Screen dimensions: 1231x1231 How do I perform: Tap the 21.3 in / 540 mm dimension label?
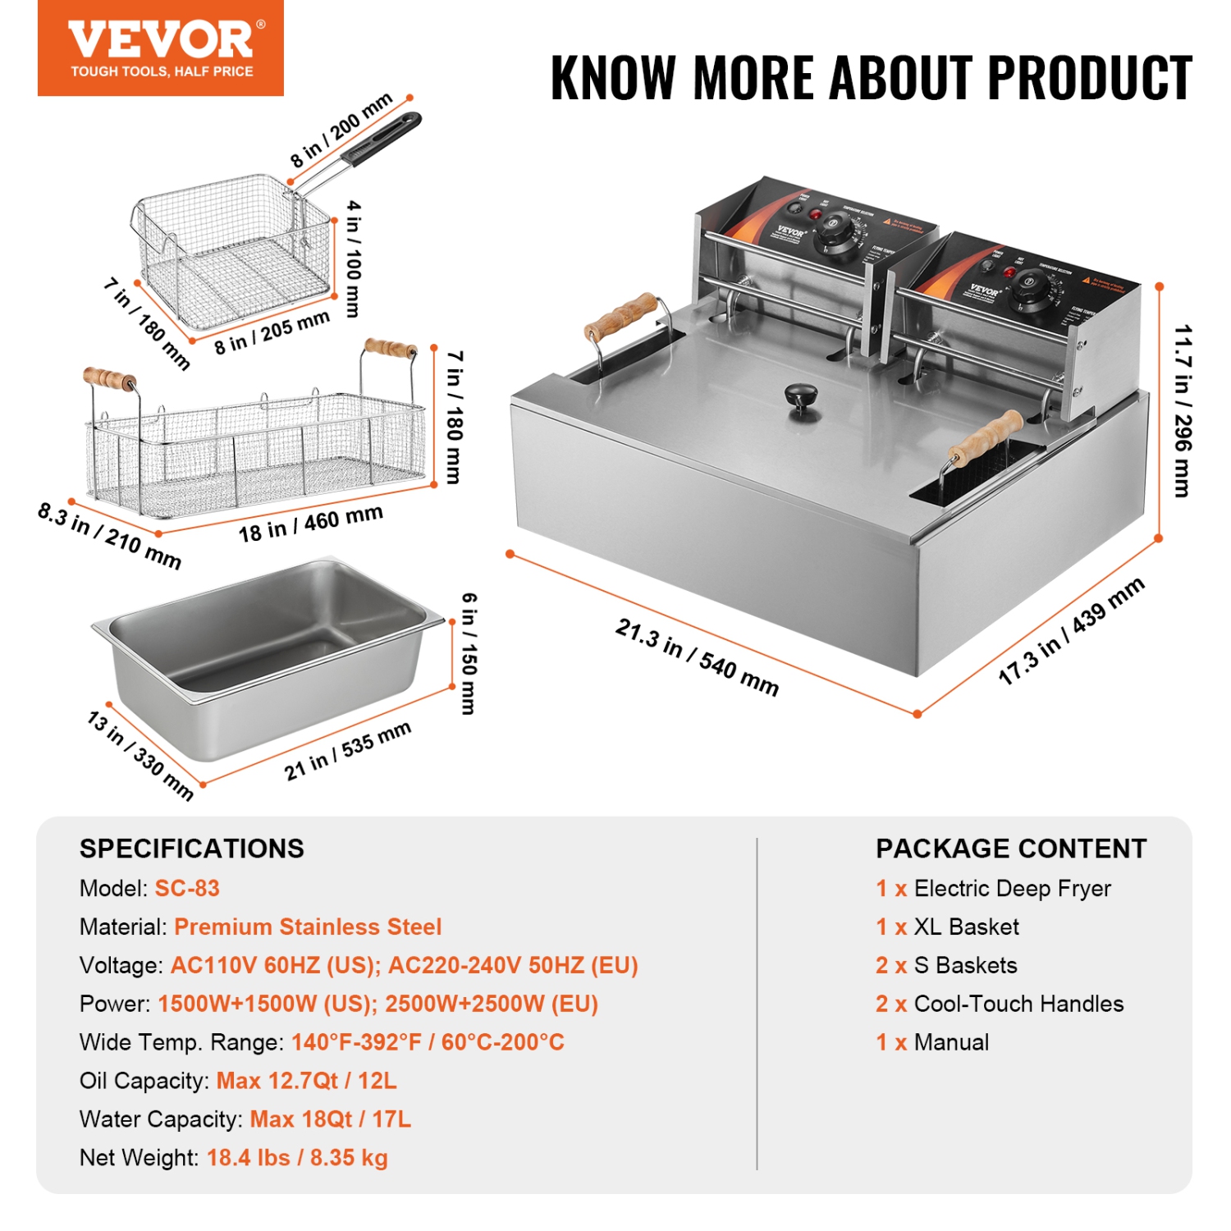pos(696,657)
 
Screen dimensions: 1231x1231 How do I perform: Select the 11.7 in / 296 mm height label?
pos(1182,410)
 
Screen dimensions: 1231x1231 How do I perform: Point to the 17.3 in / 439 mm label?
pos(1071,631)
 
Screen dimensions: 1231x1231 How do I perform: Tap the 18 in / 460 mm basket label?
pos(310,524)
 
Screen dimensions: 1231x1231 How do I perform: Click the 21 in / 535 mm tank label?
pos(346,751)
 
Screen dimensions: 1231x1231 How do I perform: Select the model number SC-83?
pos(187,888)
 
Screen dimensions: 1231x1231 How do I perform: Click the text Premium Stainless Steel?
pos(308,927)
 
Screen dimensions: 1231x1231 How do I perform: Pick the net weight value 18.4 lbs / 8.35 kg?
pos(297,1157)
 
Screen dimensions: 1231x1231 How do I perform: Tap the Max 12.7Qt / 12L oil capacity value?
pos(306,1080)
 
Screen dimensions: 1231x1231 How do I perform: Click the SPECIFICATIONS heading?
pos(191,848)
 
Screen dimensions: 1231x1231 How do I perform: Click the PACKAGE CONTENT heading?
pos(1010,848)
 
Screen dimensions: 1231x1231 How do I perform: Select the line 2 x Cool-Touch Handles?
pos(999,1004)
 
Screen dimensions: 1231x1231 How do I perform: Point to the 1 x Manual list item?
pos(931,1042)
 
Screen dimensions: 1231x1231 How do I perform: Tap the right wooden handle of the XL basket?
pos(390,348)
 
